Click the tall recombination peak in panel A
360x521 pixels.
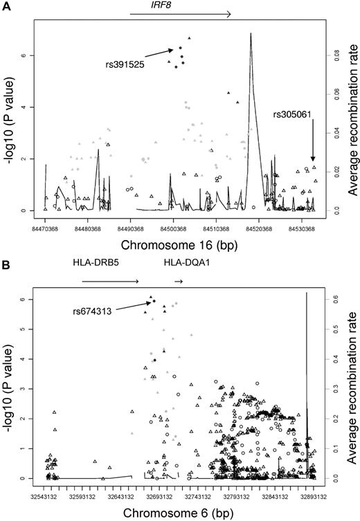tap(251, 35)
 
